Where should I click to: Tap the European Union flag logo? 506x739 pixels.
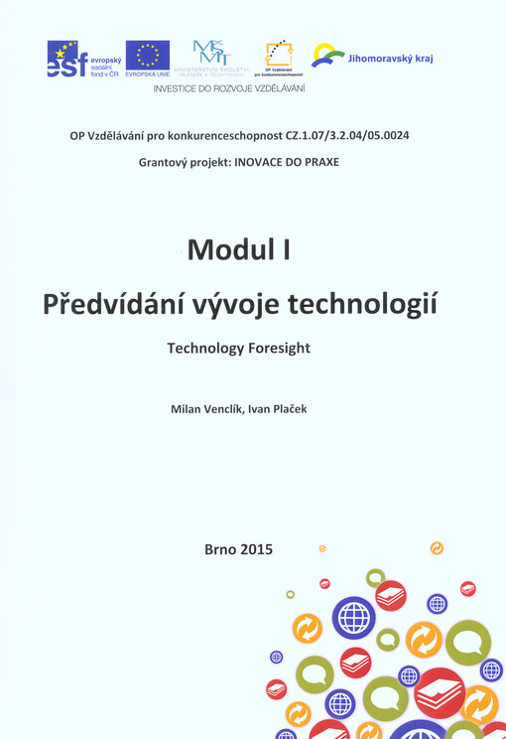(x=147, y=58)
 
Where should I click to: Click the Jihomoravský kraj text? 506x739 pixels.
(x=391, y=59)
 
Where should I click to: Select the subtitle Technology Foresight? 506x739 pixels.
(x=239, y=349)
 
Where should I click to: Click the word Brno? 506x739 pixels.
(x=220, y=547)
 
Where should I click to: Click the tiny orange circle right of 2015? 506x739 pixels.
(x=322, y=547)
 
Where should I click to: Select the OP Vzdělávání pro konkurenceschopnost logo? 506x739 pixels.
(x=279, y=58)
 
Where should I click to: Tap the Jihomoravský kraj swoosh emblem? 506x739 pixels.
(x=327, y=56)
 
